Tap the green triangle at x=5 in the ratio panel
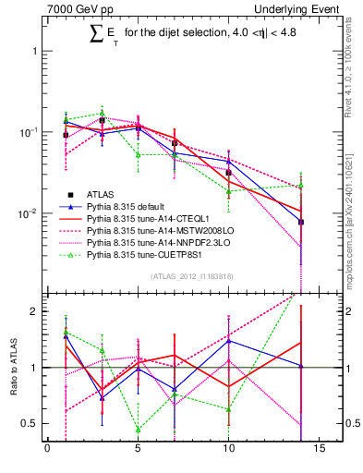click(x=138, y=430)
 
